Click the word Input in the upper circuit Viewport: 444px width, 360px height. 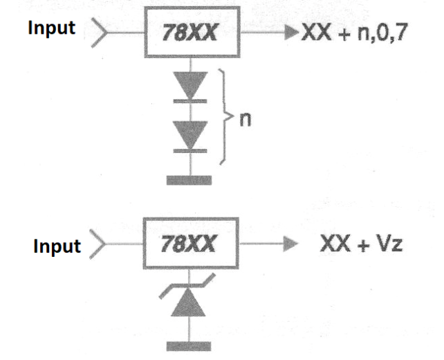(x=52, y=28)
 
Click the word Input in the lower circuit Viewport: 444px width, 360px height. (x=57, y=246)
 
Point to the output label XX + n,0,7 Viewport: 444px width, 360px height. (x=355, y=33)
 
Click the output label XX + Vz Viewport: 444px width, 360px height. (x=361, y=244)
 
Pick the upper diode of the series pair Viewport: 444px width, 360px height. (x=190, y=87)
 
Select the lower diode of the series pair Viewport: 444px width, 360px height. (x=190, y=137)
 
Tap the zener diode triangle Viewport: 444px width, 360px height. (x=188, y=302)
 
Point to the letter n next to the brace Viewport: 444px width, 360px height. (x=246, y=120)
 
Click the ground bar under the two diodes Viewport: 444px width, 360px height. (x=189, y=180)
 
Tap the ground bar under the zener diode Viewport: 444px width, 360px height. (x=189, y=346)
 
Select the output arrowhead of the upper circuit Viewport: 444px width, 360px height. (x=292, y=33)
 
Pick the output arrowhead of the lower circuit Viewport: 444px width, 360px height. (x=290, y=244)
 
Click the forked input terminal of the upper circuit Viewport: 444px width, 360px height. (x=99, y=33)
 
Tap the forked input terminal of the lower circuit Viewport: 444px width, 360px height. (x=98, y=244)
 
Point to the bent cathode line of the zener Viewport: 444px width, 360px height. (x=187, y=286)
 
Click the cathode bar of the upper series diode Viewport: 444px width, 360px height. (x=190, y=101)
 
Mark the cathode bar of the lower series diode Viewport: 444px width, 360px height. (x=190, y=151)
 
